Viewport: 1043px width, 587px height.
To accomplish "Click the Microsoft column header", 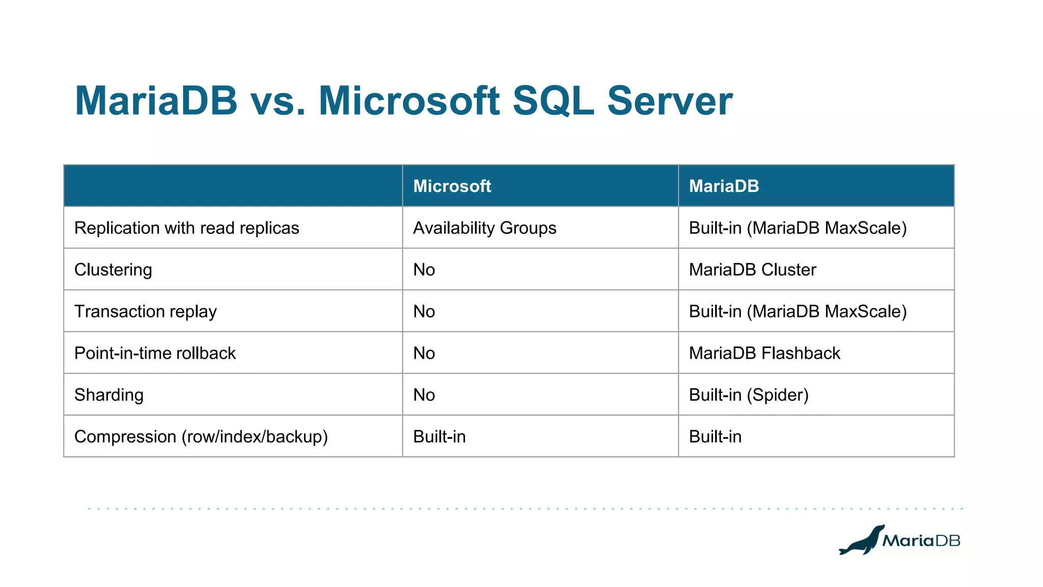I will point(452,186).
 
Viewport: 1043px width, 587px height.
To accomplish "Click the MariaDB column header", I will point(724,186).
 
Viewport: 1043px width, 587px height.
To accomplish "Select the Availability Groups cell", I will point(484,228).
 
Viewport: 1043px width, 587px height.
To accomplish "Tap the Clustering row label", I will point(113,270).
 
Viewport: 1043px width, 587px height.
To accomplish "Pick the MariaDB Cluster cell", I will point(752,270).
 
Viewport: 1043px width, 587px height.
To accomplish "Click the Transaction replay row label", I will point(146,311).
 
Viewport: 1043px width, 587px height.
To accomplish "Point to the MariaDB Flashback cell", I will point(764,353).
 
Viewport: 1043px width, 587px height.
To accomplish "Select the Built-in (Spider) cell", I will point(749,395).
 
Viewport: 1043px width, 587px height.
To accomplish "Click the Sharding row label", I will point(109,395).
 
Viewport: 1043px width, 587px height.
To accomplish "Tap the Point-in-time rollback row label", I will point(155,353).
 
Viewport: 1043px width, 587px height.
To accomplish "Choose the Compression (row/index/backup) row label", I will point(201,437).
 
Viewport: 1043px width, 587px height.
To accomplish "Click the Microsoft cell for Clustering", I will point(424,270).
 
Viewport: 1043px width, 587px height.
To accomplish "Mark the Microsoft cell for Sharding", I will point(424,395).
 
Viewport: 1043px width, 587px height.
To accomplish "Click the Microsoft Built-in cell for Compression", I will point(439,437).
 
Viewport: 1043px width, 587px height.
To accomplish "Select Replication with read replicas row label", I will point(186,228).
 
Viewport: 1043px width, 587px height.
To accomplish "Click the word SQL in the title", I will point(553,101).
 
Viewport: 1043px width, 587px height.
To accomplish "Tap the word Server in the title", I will point(669,101).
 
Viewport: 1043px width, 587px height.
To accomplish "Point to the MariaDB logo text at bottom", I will point(921,541).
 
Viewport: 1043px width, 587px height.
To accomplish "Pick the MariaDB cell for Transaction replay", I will point(798,311).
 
